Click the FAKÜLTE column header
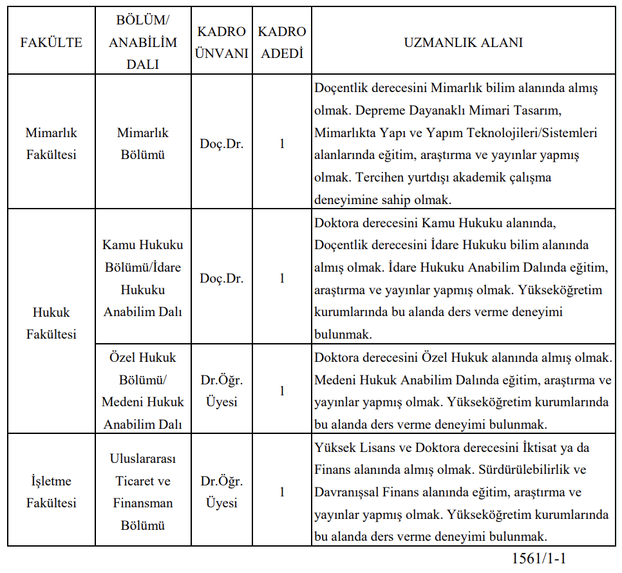click(x=52, y=43)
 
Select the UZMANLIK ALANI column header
click(x=463, y=43)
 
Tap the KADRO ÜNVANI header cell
click(x=221, y=43)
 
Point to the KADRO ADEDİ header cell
click(x=282, y=43)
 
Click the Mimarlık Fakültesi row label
click(x=52, y=144)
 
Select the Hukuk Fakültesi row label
click(x=52, y=323)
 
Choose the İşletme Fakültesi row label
click(x=52, y=492)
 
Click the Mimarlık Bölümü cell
click(x=142, y=144)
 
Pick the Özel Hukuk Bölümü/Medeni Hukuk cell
click(x=142, y=391)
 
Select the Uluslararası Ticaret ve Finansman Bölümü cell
click(x=142, y=492)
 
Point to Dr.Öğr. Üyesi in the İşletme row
click(x=221, y=492)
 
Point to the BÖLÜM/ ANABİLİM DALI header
click(x=142, y=43)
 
